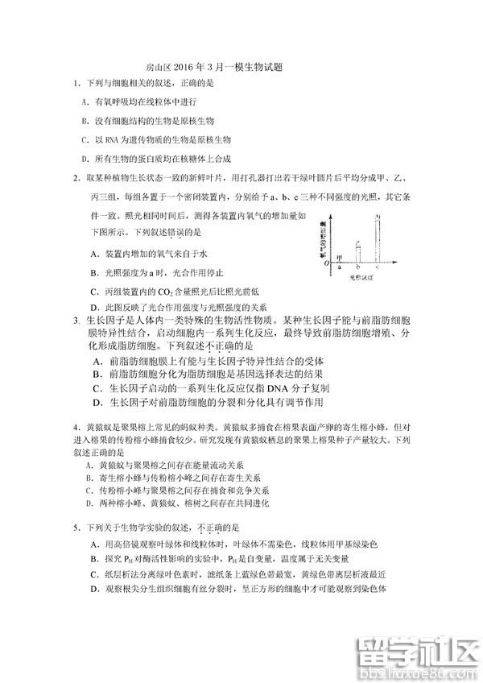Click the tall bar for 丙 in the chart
(x=377, y=238)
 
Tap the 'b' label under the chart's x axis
(x=358, y=267)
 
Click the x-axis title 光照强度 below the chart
(x=361, y=277)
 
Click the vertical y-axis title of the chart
(x=322, y=238)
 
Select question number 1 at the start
(x=74, y=84)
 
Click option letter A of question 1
(x=85, y=102)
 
